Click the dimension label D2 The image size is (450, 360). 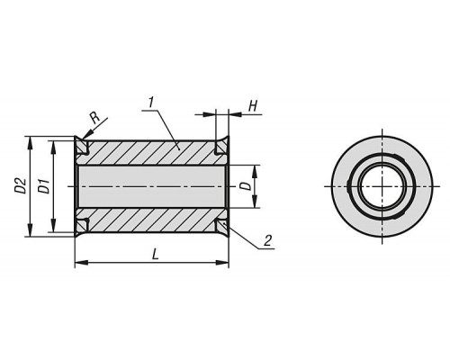22,185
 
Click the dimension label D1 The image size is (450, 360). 45,186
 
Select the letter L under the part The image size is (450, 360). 155,255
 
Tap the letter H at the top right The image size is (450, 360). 254,106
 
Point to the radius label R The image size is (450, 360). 95,118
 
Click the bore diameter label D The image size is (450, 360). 247,185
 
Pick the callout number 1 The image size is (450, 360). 151,103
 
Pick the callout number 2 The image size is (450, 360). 267,240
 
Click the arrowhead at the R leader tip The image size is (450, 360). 85,136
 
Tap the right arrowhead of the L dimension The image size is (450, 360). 222,263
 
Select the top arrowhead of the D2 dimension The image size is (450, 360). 30,143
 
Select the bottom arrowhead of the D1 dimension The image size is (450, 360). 53,225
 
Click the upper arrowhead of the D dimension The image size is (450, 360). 255,172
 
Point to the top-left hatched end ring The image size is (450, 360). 81,146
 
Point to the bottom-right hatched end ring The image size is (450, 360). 222,227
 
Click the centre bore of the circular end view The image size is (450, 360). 382,186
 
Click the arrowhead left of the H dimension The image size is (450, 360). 210,114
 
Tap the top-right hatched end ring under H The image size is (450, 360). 222,146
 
